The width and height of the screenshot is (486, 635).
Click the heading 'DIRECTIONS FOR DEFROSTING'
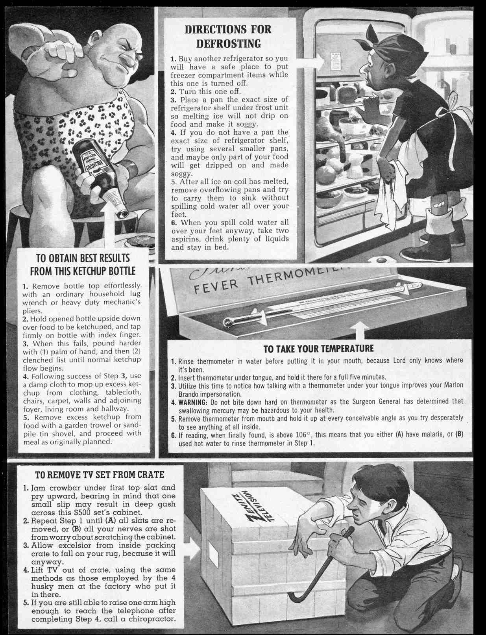pos(228,36)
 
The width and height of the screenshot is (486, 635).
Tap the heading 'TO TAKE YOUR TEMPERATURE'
pos(318,348)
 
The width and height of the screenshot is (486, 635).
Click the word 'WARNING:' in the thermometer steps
pos(193,402)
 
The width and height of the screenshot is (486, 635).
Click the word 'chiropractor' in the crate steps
pos(151,619)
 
